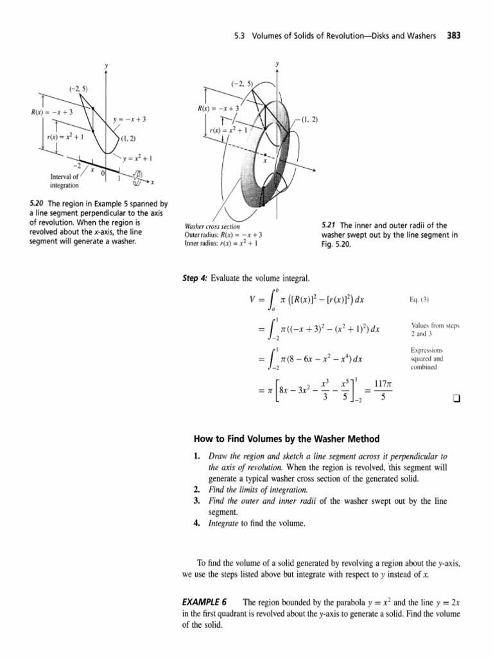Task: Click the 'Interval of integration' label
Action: [65, 181]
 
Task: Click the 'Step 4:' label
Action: [197, 278]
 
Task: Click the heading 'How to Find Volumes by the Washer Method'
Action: [286, 439]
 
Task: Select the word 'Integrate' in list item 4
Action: [223, 523]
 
